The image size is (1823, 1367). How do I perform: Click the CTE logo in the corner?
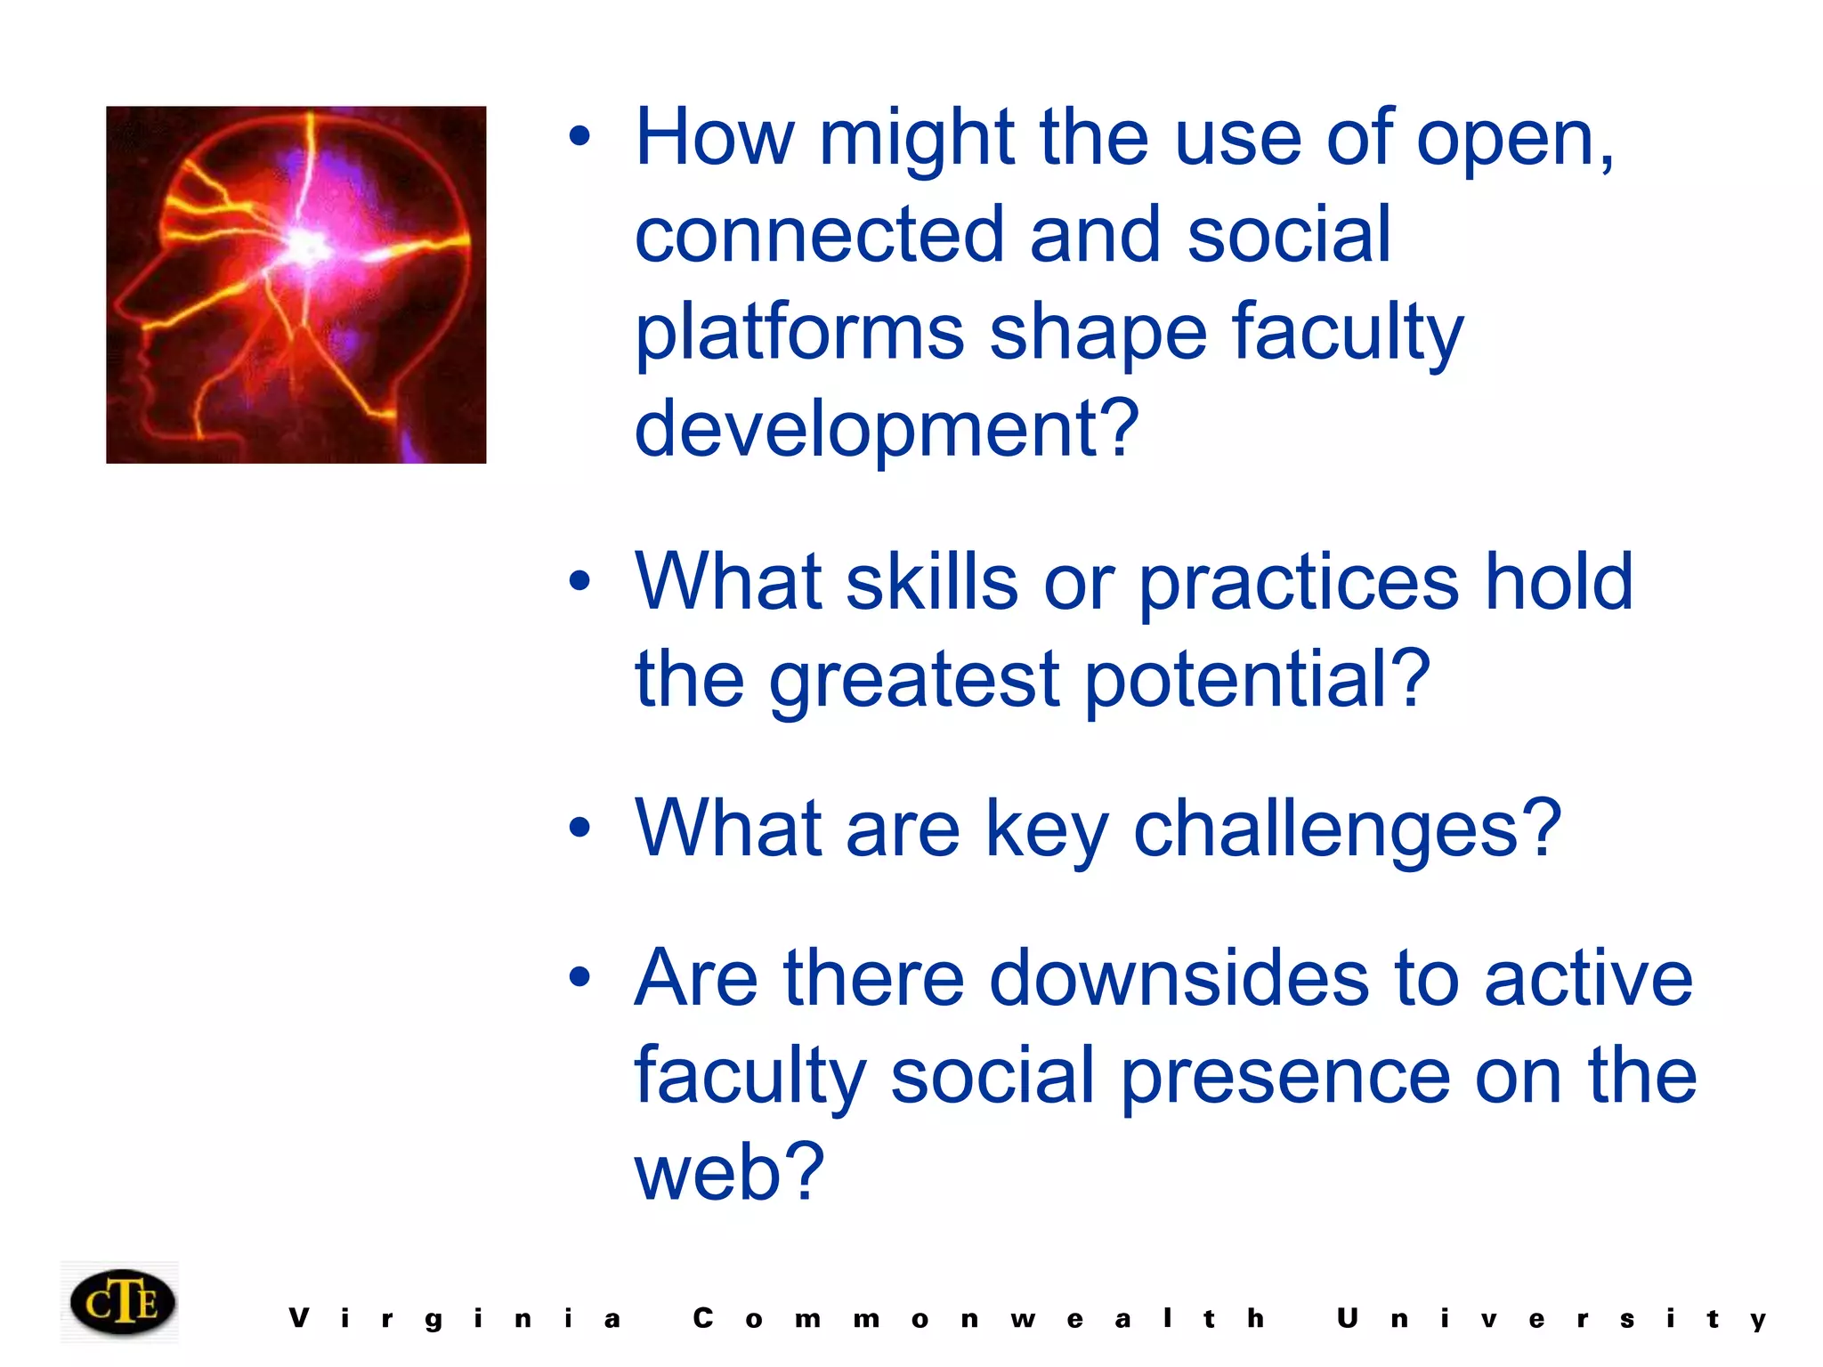[x=122, y=1302]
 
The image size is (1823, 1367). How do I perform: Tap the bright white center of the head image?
[x=307, y=243]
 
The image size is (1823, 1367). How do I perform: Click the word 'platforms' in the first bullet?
[x=798, y=332]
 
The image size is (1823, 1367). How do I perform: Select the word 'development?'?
[x=886, y=429]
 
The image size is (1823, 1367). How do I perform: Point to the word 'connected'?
[x=819, y=235]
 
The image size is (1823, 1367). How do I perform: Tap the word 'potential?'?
[x=1257, y=680]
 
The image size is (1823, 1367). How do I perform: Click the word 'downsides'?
[x=1179, y=979]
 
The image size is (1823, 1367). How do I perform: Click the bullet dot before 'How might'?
[x=579, y=137]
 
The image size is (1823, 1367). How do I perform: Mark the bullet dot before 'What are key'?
[x=579, y=829]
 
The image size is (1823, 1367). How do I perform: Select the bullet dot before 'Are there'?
[x=579, y=977]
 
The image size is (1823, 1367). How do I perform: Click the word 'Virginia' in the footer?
[x=455, y=1319]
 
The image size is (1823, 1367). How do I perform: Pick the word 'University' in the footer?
[x=1552, y=1319]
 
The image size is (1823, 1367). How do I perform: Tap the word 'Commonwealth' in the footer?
[x=979, y=1319]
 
